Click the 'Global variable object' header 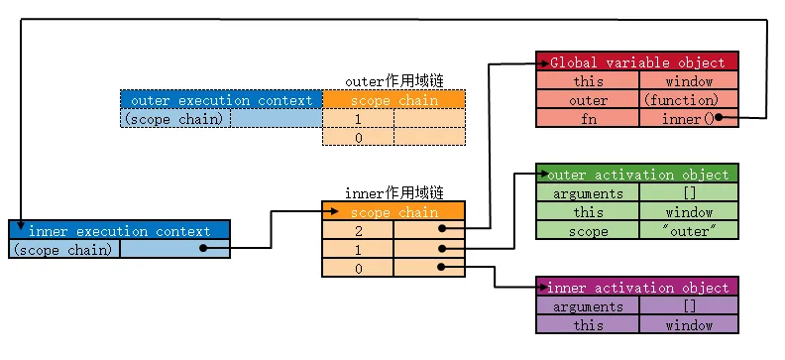pos(637,61)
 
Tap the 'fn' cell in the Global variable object pos(587,118)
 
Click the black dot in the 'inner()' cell pos(716,118)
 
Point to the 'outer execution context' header pos(221,100)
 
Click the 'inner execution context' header pos(119,230)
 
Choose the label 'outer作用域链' pos(392,81)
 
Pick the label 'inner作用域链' pos(392,192)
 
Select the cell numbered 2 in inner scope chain pos(358,230)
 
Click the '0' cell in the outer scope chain pos(358,138)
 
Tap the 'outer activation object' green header pos(637,175)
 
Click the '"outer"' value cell pos(689,231)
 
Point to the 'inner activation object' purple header pos(637,288)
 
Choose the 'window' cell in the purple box pos(689,325)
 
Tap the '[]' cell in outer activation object pos(689,193)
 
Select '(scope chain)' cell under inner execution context pos(64,249)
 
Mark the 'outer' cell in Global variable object pos(587,100)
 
